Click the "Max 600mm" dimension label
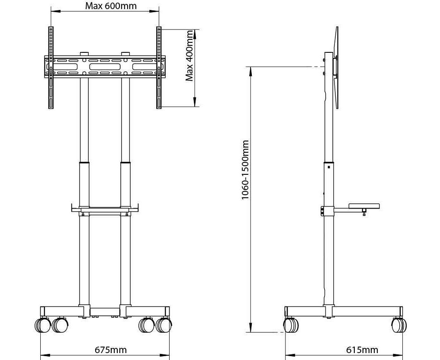click(x=111, y=6)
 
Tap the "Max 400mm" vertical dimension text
click(x=189, y=55)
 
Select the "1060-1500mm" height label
click(x=245, y=170)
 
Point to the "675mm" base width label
click(x=111, y=350)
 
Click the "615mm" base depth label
click(x=362, y=350)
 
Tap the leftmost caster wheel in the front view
click(x=42, y=325)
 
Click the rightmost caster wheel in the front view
click(x=164, y=325)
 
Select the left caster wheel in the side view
click(x=291, y=325)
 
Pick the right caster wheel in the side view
click(x=399, y=325)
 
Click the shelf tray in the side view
click(x=364, y=206)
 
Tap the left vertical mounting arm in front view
click(x=51, y=67)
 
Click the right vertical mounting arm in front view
click(x=159, y=67)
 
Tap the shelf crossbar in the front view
click(x=105, y=210)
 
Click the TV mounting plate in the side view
click(x=336, y=67)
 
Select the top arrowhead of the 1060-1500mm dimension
click(x=250, y=71)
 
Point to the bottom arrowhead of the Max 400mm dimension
click(x=194, y=102)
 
